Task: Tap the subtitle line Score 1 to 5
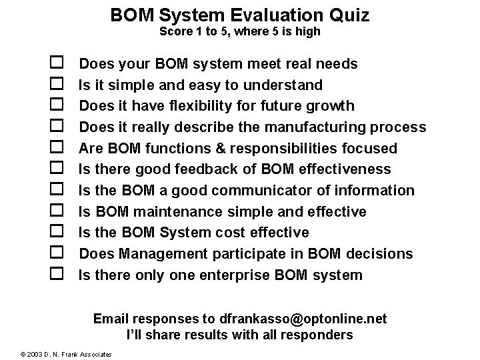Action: coord(240,31)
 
